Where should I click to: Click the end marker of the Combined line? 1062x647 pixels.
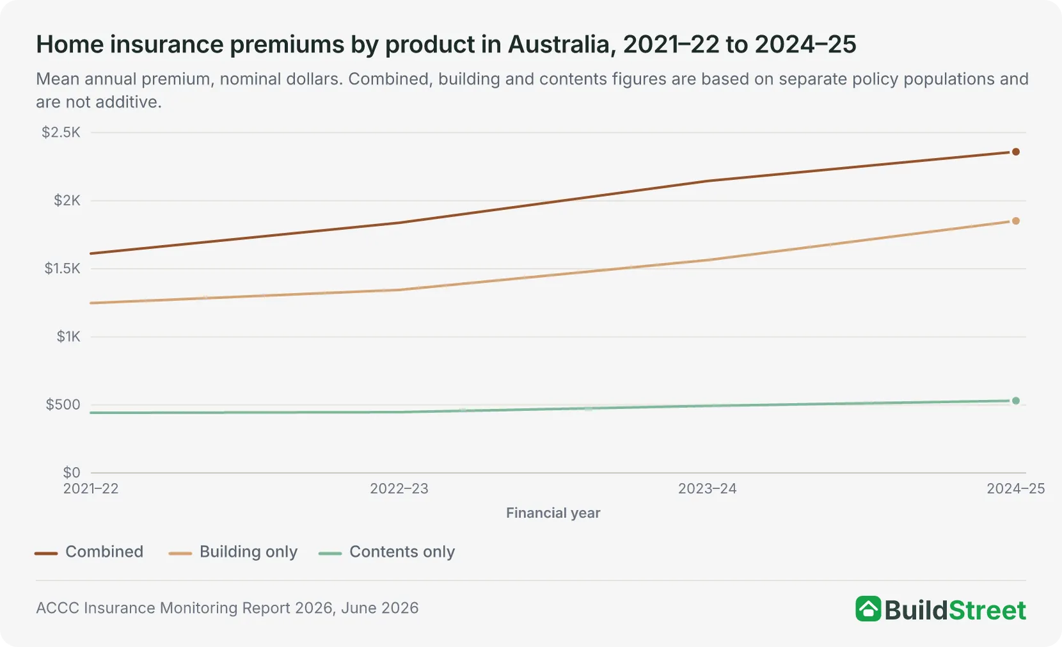1015,152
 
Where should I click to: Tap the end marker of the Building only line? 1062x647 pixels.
1015,221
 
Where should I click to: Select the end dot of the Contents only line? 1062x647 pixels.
1015,401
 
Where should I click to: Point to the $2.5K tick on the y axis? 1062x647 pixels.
61,132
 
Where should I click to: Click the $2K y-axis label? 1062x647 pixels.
67,201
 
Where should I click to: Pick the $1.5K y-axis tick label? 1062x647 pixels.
63,269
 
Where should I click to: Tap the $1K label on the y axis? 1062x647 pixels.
68,337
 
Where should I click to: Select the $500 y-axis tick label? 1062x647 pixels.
63,404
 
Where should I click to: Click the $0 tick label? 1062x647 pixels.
72,472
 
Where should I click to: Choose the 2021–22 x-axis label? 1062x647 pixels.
91,488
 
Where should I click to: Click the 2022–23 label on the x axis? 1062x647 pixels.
399,488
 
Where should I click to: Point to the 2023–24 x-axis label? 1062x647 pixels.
708,488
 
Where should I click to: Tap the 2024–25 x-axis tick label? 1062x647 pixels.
1015,488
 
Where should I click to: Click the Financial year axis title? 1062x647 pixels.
553,513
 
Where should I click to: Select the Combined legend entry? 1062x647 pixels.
89,552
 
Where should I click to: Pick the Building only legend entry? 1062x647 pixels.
234,552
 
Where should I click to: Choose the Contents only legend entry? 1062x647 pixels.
387,552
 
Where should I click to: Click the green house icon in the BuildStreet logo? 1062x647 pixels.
868,609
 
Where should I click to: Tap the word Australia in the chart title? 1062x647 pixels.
562,45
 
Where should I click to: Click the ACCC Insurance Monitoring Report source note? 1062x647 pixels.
227,608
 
